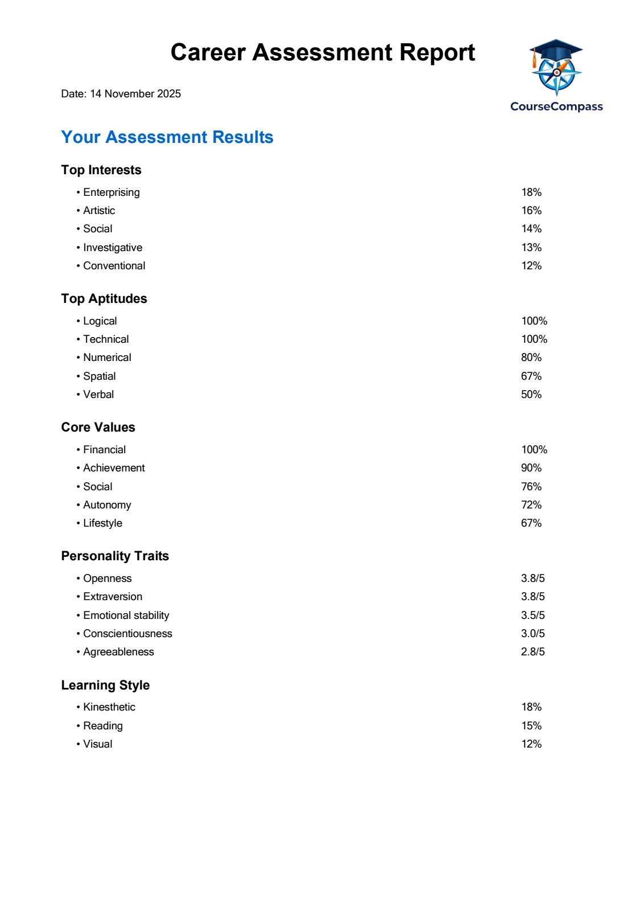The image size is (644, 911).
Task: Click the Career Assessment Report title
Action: point(323,52)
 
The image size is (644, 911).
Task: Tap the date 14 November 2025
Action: point(135,94)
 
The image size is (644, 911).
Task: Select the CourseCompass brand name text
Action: point(556,106)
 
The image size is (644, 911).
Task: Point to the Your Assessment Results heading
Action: point(167,137)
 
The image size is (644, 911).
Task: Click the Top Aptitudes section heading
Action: point(104,299)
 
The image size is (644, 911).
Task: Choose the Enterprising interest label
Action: point(112,192)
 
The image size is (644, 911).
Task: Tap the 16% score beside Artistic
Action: point(531,211)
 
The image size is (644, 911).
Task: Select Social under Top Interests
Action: point(98,229)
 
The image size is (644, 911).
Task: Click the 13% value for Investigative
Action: point(531,248)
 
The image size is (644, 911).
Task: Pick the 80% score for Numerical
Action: point(531,358)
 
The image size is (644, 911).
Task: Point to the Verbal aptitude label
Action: point(98,395)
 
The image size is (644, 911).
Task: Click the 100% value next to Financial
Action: point(534,450)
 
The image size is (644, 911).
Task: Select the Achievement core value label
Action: point(114,468)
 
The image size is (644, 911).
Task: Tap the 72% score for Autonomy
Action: point(531,505)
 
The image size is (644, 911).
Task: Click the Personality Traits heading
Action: point(115,556)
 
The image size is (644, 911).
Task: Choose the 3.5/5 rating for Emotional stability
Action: point(533,615)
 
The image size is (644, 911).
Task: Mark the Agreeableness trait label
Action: point(118,652)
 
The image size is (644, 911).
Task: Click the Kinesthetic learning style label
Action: point(109,707)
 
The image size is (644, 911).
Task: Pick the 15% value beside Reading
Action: point(531,726)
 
